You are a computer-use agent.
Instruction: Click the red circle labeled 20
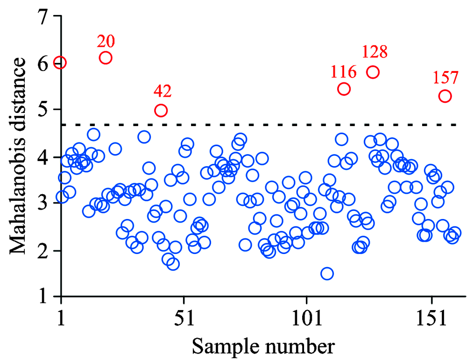coord(106,58)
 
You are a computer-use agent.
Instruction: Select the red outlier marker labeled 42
coord(161,111)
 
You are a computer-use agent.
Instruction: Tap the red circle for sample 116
coord(344,89)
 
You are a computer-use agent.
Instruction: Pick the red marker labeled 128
coord(373,72)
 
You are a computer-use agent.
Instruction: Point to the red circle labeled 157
coord(445,96)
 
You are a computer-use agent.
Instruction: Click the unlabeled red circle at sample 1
coord(60,63)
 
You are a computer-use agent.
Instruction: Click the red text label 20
coord(106,42)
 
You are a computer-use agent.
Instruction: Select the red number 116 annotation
coord(344,72)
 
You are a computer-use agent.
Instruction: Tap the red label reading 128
coord(375,52)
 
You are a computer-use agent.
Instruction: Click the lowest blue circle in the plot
coord(327,274)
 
